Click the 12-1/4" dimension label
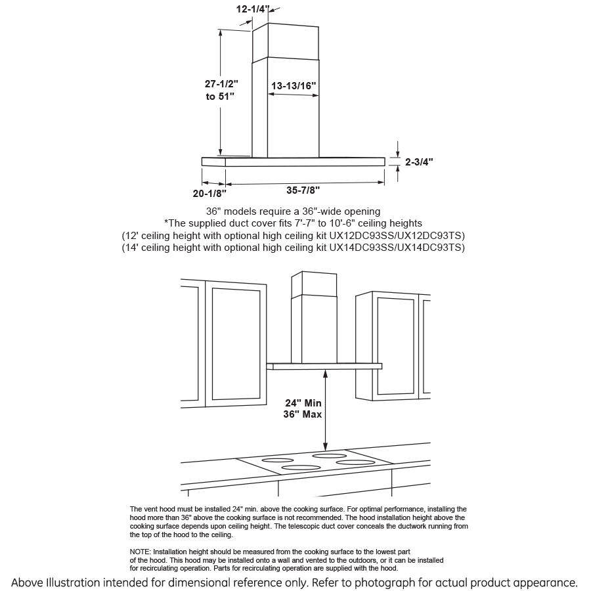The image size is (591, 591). coord(253,10)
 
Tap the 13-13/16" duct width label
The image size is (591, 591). coord(294,86)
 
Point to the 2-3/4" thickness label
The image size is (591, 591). coord(419,161)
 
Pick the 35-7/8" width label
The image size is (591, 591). coord(303,190)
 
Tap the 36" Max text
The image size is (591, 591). coord(303,414)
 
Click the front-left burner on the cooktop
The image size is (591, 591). coord(301,468)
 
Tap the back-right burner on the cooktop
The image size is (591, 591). coord(329,455)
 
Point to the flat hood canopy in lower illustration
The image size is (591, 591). coord(325,366)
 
